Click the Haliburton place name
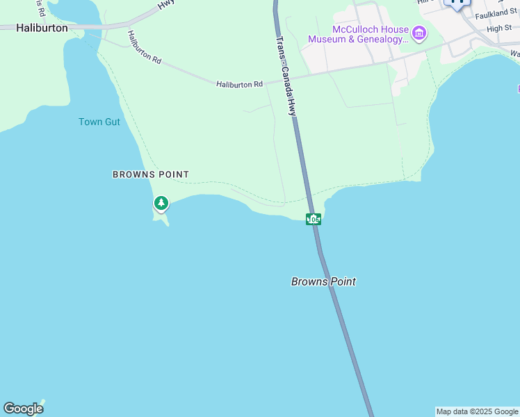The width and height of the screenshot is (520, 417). pyautogui.click(x=42, y=28)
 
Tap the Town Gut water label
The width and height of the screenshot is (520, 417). pyautogui.click(x=99, y=122)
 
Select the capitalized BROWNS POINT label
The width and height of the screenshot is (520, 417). pyautogui.click(x=151, y=174)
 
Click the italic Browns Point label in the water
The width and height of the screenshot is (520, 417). pyautogui.click(x=323, y=281)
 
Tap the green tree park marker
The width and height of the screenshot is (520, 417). pyautogui.click(x=161, y=203)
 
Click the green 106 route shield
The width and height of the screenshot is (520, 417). pyautogui.click(x=314, y=220)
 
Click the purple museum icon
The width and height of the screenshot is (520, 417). pyautogui.click(x=419, y=32)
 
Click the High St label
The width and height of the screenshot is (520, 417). pyautogui.click(x=499, y=28)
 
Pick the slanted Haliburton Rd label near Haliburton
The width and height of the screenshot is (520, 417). pyautogui.click(x=145, y=47)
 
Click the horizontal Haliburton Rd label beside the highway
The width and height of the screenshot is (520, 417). pyautogui.click(x=240, y=84)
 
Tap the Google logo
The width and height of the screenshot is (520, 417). pyautogui.click(x=23, y=409)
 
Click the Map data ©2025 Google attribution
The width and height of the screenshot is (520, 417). pyautogui.click(x=478, y=411)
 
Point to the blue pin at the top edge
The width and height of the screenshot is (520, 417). pyautogui.click(x=457, y=3)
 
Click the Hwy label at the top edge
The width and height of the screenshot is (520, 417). pyautogui.click(x=165, y=3)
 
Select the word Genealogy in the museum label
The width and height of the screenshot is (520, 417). pyautogui.click(x=380, y=40)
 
